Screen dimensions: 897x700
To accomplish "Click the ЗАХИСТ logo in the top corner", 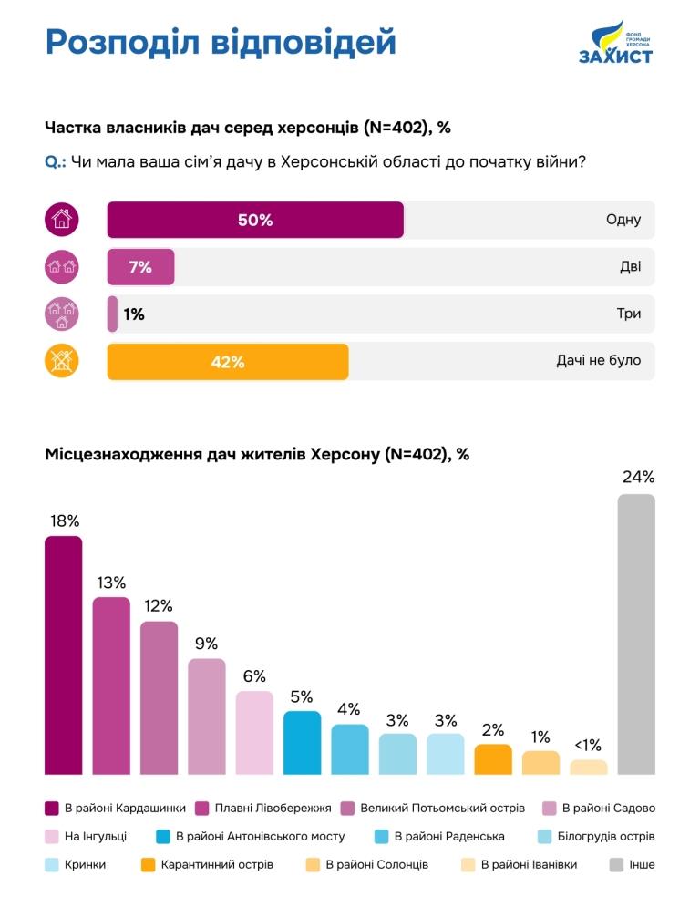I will pyautogui.click(x=615, y=43).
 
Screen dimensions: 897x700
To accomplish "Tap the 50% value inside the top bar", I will pyautogui.click(x=255, y=220).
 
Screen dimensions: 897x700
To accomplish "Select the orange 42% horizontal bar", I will pyautogui.click(x=228, y=361).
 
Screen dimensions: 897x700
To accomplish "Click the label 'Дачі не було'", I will pyautogui.click(x=598, y=360).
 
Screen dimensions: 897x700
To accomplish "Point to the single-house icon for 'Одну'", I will pyautogui.click(x=62, y=220).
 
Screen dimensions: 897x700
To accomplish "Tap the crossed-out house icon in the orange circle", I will pyautogui.click(x=62, y=361).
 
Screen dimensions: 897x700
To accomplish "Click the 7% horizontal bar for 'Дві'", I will pyautogui.click(x=140, y=267).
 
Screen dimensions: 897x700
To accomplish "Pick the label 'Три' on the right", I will pyautogui.click(x=628, y=314).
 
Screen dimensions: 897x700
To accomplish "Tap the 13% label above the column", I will pyautogui.click(x=111, y=583).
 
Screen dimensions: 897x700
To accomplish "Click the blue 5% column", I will pyautogui.click(x=302, y=742).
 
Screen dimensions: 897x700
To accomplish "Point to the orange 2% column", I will pyautogui.click(x=493, y=758).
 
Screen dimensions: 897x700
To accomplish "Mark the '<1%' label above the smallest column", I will pyautogui.click(x=588, y=746).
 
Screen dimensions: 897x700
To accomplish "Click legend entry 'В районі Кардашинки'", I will pyautogui.click(x=124, y=808).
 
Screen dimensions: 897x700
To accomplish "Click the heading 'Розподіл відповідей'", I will pyautogui.click(x=221, y=42).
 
